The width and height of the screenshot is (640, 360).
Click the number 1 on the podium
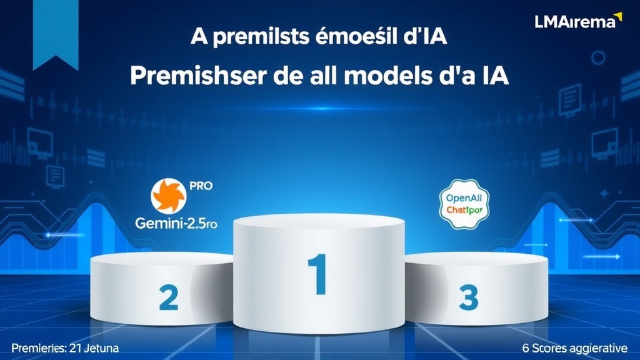pos(317,275)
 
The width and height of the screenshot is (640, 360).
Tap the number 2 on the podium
pos(168,297)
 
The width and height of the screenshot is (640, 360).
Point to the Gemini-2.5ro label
pos(176,224)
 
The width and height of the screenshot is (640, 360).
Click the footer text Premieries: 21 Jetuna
pos(65,347)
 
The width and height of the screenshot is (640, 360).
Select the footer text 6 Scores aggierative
pos(576,347)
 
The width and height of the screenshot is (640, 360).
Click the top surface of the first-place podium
pos(319,222)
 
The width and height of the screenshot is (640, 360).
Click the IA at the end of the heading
pos(492,77)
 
